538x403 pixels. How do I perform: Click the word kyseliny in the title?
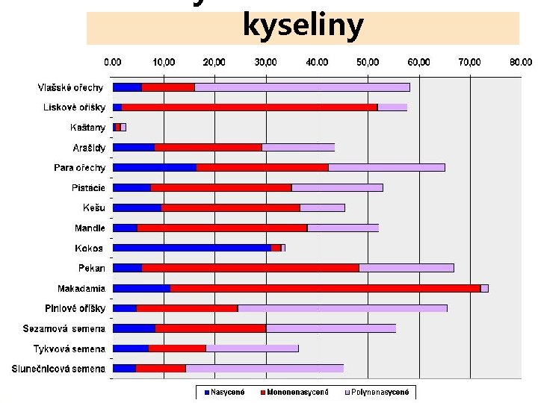[x=303, y=26]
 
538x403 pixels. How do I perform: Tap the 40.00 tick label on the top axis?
[x=317, y=62]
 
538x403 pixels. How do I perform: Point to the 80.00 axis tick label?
[x=520, y=62]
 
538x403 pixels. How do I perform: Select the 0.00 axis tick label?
[x=113, y=62]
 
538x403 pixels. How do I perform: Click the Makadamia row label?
[x=81, y=288]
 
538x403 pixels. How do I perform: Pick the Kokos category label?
[x=89, y=248]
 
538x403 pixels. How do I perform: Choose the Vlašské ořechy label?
[x=72, y=87]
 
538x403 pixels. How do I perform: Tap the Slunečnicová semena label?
[x=58, y=368]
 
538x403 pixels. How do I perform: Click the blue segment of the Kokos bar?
[x=191, y=248]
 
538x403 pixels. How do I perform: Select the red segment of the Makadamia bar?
[x=325, y=288]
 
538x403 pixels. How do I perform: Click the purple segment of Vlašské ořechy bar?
[x=302, y=87]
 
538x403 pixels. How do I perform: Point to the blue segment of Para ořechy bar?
[x=154, y=167]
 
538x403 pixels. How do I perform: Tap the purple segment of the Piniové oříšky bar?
[x=342, y=308]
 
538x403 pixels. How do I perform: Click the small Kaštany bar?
[x=118, y=128]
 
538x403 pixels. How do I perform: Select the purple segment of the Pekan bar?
[x=406, y=268]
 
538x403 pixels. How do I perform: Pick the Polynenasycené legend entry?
[x=380, y=392]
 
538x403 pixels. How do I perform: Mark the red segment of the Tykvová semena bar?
[x=177, y=348]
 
